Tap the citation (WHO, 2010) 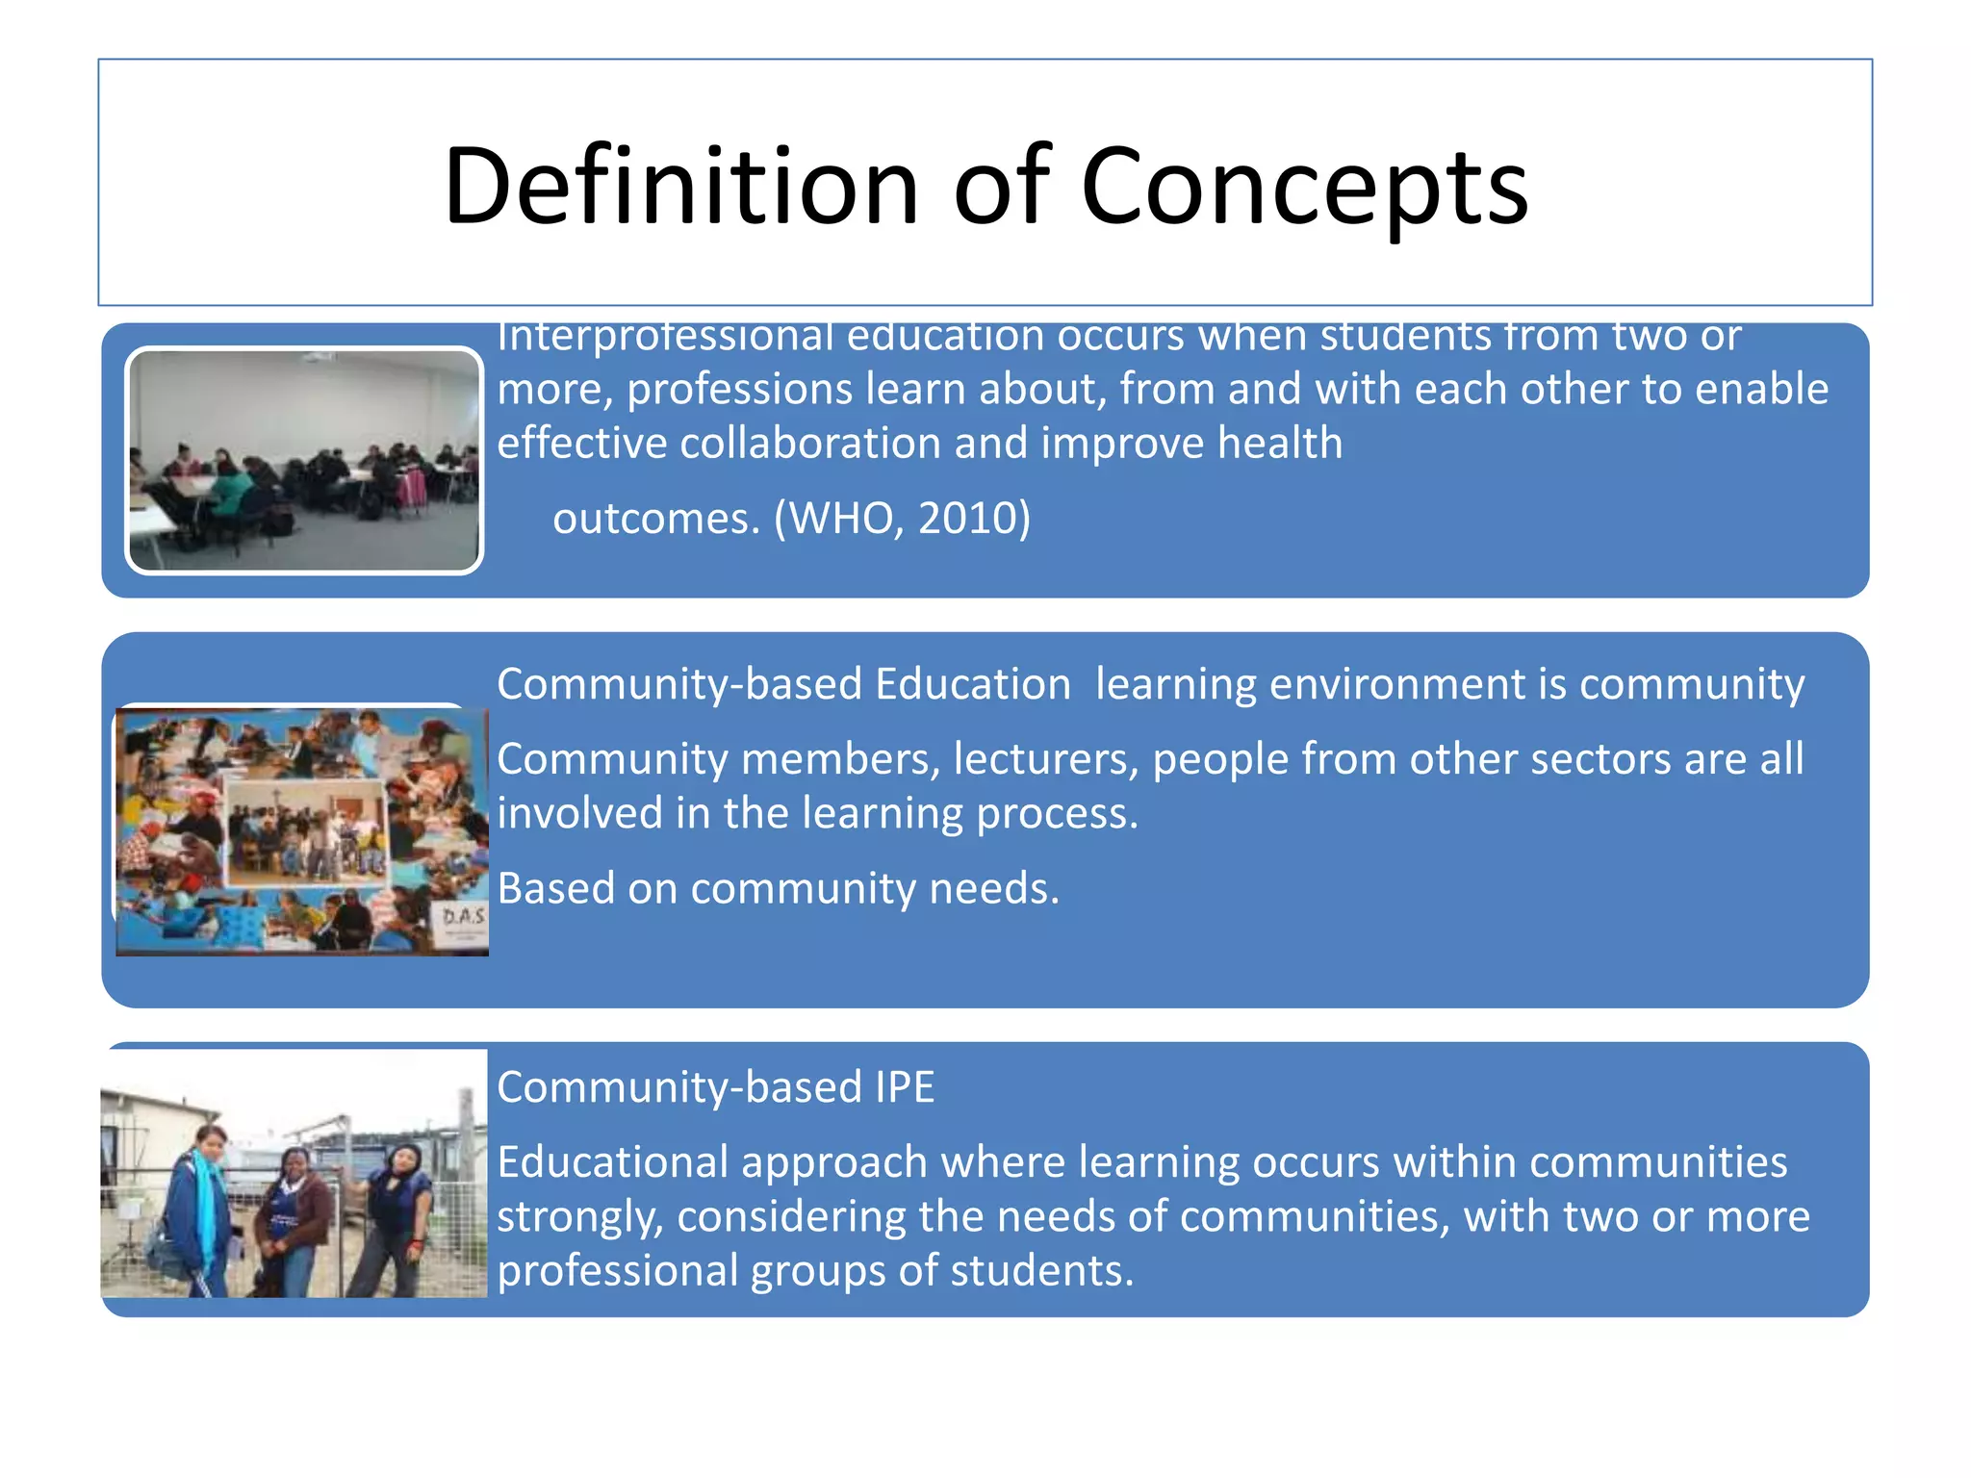(902, 518)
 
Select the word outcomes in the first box (655, 519)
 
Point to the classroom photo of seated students (304, 460)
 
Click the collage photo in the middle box (301, 831)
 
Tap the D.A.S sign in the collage (463, 916)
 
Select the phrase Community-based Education (783, 684)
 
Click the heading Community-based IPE (715, 1087)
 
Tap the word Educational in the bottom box (613, 1162)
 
